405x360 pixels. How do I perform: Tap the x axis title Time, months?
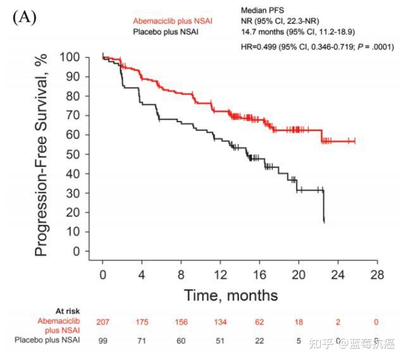tap(230, 295)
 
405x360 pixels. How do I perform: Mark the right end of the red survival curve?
tap(355, 141)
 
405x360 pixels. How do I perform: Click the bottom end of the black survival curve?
tap(324, 221)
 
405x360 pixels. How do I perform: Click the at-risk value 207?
tap(103, 322)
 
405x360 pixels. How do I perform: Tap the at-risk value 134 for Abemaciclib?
tap(220, 322)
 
